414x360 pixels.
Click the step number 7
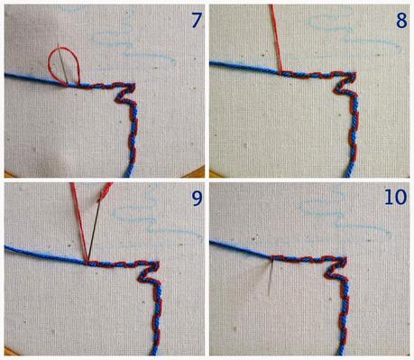(196, 21)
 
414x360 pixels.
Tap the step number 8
(401, 21)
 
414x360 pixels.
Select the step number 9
(197, 198)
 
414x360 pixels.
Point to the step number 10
(395, 198)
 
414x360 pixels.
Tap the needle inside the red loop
(62, 64)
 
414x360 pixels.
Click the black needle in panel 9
(94, 232)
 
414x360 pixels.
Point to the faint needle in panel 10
(271, 278)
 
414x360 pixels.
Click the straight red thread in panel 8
(277, 38)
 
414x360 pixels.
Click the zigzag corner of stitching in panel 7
(126, 94)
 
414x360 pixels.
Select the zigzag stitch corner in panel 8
(345, 82)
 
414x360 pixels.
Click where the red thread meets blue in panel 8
(281, 72)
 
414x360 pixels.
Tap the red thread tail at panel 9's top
(105, 191)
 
